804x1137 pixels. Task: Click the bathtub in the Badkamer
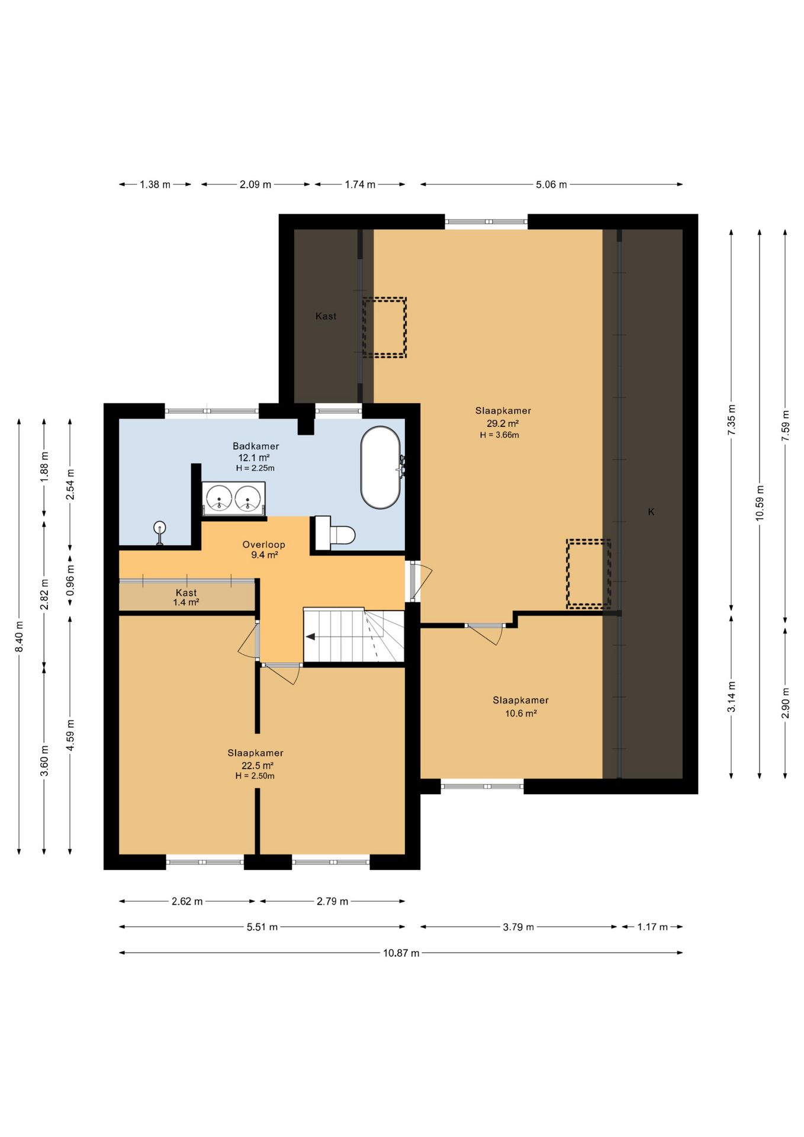(381, 467)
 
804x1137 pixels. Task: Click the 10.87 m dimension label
(401, 953)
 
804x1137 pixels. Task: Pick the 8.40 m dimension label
(19, 637)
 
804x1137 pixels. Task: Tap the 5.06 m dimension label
(551, 185)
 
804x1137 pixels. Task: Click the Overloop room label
(264, 545)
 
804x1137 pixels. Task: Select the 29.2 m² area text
(503, 423)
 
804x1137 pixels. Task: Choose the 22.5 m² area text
(257, 765)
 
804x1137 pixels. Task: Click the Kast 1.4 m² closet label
(186, 598)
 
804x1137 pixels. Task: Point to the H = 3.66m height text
(500, 435)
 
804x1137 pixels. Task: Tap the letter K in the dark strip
(651, 512)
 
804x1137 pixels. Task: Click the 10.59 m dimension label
(760, 503)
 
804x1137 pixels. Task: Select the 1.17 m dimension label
(652, 927)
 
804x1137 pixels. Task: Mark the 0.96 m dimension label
(70, 581)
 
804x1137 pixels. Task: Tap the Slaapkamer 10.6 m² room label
(520, 706)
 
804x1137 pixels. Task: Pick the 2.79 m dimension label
(332, 901)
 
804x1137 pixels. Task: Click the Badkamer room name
(256, 447)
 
